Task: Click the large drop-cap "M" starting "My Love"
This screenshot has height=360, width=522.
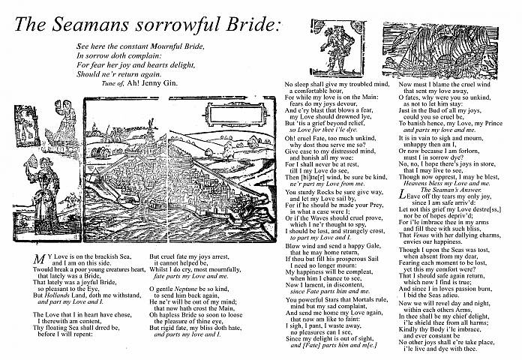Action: click(x=40, y=259)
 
